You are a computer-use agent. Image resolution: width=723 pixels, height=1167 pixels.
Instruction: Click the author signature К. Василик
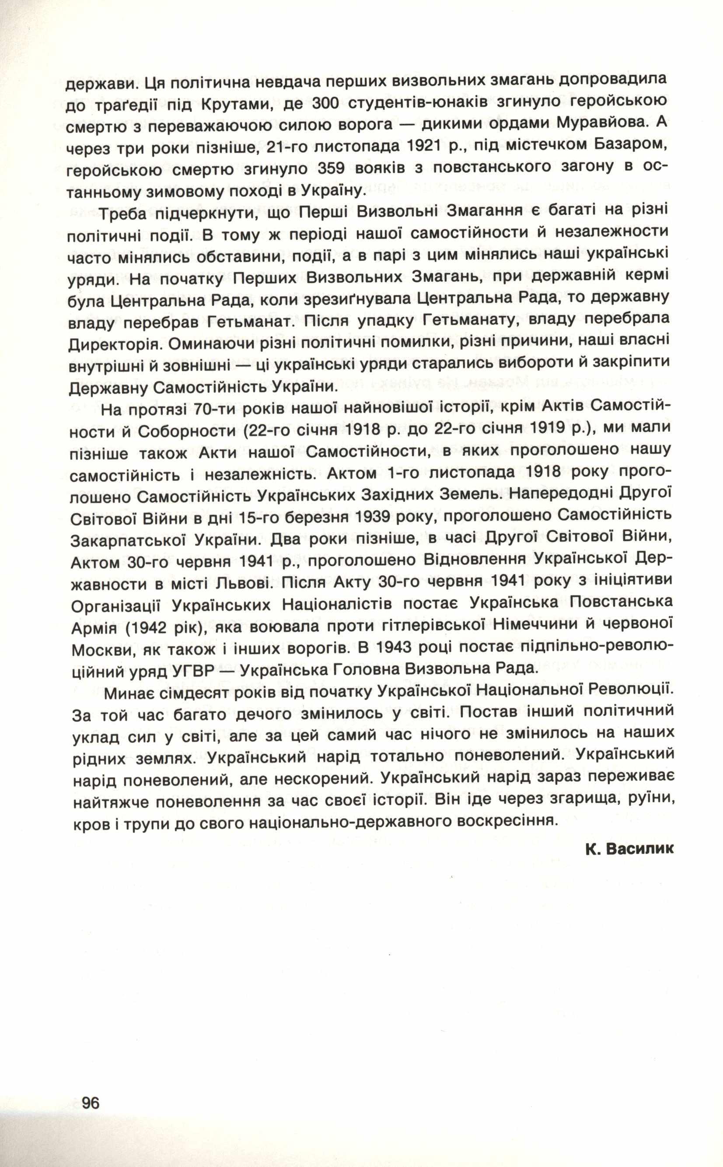[x=629, y=848]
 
